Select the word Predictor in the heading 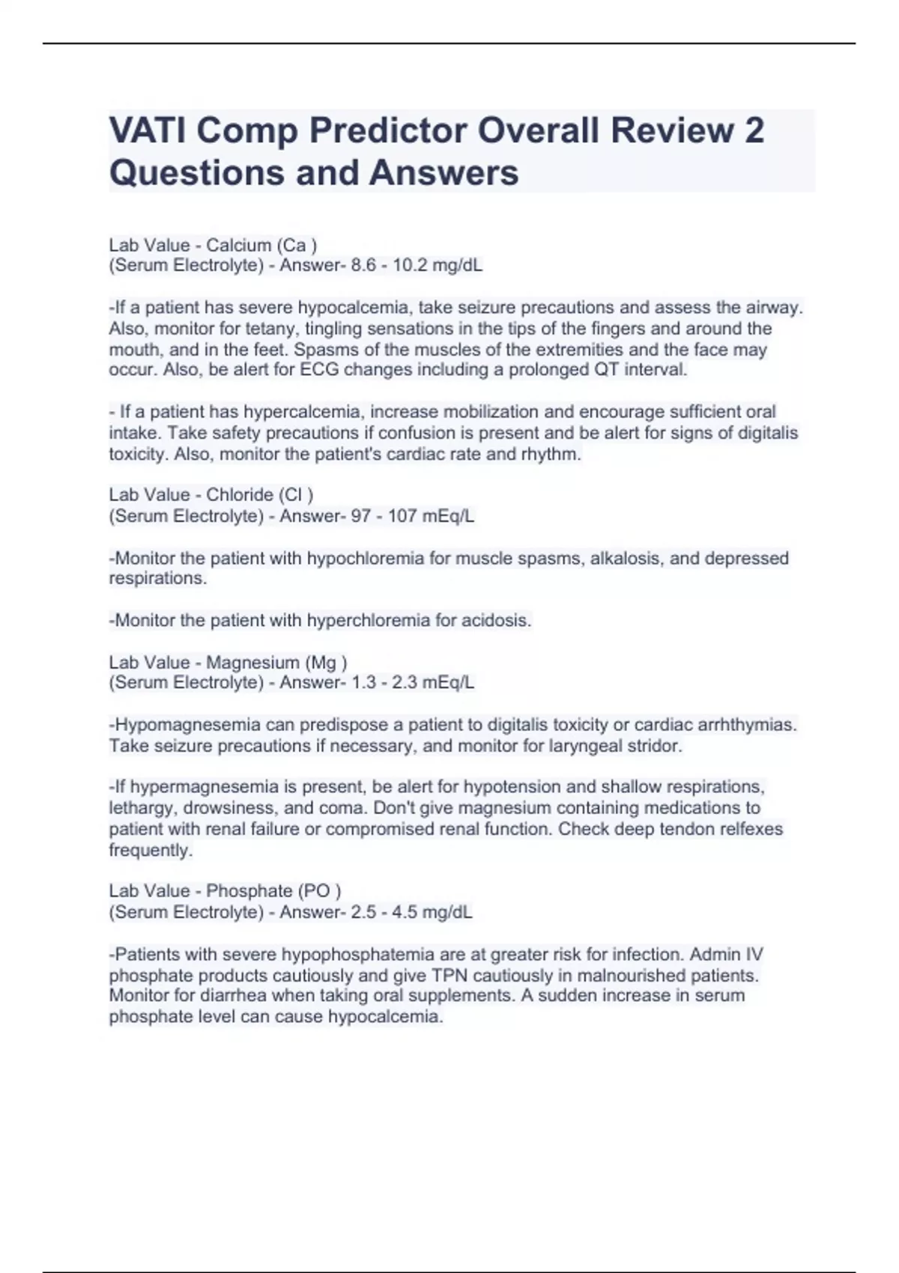pyautogui.click(x=388, y=130)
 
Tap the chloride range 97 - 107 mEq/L pyautogui.click(x=413, y=516)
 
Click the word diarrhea pyautogui.click(x=231, y=996)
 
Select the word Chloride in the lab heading pyautogui.click(x=240, y=495)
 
